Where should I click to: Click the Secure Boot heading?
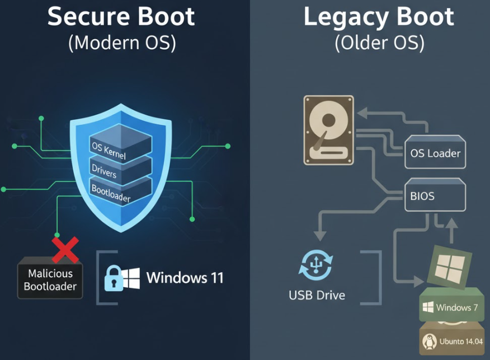coord(121,17)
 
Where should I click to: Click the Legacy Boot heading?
coord(379,17)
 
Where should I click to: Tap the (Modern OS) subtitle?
coord(122,43)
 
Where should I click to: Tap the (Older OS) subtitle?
coord(379,43)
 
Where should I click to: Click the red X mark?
coord(65,250)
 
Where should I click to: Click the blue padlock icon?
coord(112,278)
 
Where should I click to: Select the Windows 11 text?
coord(185,278)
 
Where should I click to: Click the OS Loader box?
coord(435,153)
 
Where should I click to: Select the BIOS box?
coord(435,197)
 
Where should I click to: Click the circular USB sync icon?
coord(317,265)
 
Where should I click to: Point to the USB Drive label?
coord(317,294)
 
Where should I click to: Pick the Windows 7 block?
coord(451,307)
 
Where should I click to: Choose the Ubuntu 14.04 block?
coord(451,339)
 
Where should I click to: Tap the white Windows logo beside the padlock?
coord(131,278)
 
